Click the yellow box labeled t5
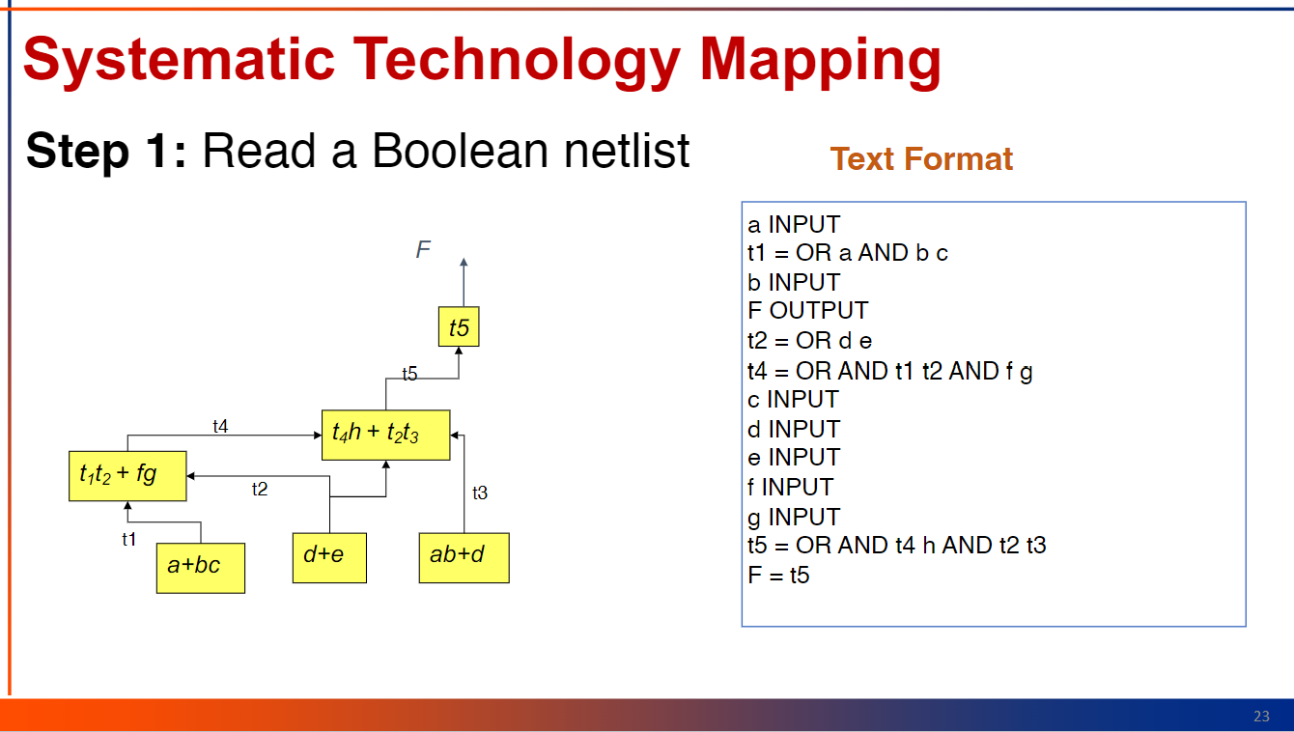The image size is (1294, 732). [459, 326]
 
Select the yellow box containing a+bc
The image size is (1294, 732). [201, 568]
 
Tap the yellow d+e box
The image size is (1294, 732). [329, 557]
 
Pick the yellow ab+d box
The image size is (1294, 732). [464, 557]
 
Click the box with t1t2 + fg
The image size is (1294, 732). [127, 475]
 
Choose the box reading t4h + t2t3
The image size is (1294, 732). [386, 435]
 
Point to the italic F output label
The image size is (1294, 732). [423, 249]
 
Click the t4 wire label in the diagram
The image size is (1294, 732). [220, 427]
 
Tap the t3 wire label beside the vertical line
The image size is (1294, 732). [480, 493]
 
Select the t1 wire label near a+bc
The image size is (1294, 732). [128, 539]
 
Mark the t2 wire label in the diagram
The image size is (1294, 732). [260, 490]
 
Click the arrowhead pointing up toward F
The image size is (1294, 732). [464, 262]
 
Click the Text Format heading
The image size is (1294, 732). [921, 159]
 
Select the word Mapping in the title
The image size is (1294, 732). [820, 61]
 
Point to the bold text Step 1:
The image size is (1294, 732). [106, 152]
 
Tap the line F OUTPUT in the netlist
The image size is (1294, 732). [807, 311]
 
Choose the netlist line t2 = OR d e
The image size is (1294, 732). [809, 341]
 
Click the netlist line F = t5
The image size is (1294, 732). [778, 575]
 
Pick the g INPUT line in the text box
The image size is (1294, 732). [794, 517]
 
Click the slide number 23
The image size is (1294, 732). [1261, 717]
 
